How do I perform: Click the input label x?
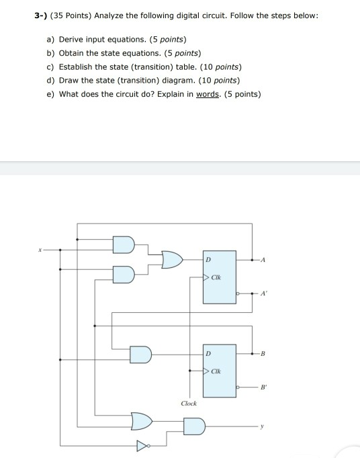(39, 249)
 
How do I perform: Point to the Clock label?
(189, 404)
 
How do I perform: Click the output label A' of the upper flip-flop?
(263, 293)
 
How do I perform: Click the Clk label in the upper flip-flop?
(216, 277)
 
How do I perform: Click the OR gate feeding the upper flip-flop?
(172, 259)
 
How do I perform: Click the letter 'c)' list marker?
(50, 67)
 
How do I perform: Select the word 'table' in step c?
(172, 67)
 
